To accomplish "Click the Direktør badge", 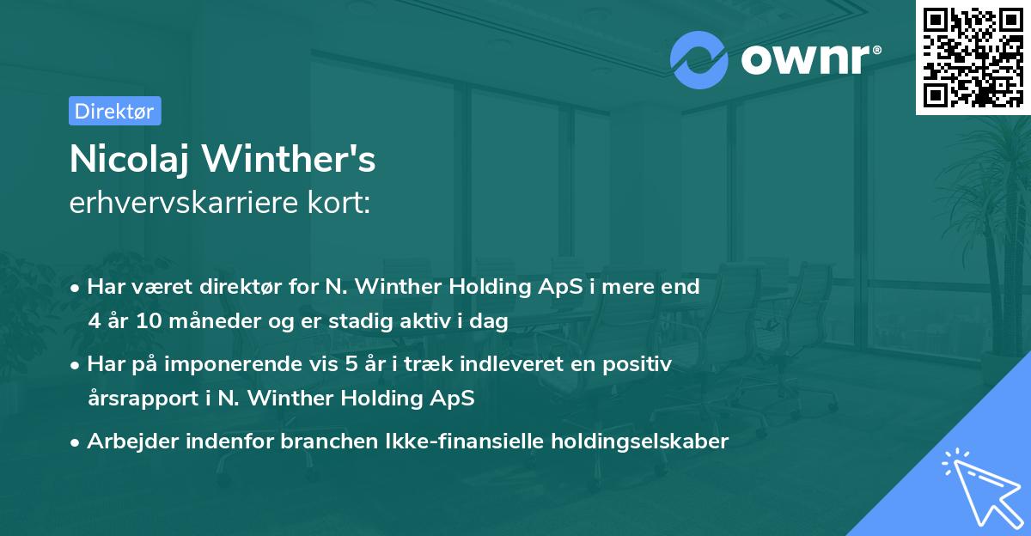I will (x=114, y=111).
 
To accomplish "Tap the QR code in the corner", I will (x=973, y=57).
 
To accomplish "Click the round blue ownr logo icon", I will (x=699, y=59).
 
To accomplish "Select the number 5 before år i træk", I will (x=351, y=364).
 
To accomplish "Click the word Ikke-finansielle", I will (x=485, y=442).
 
